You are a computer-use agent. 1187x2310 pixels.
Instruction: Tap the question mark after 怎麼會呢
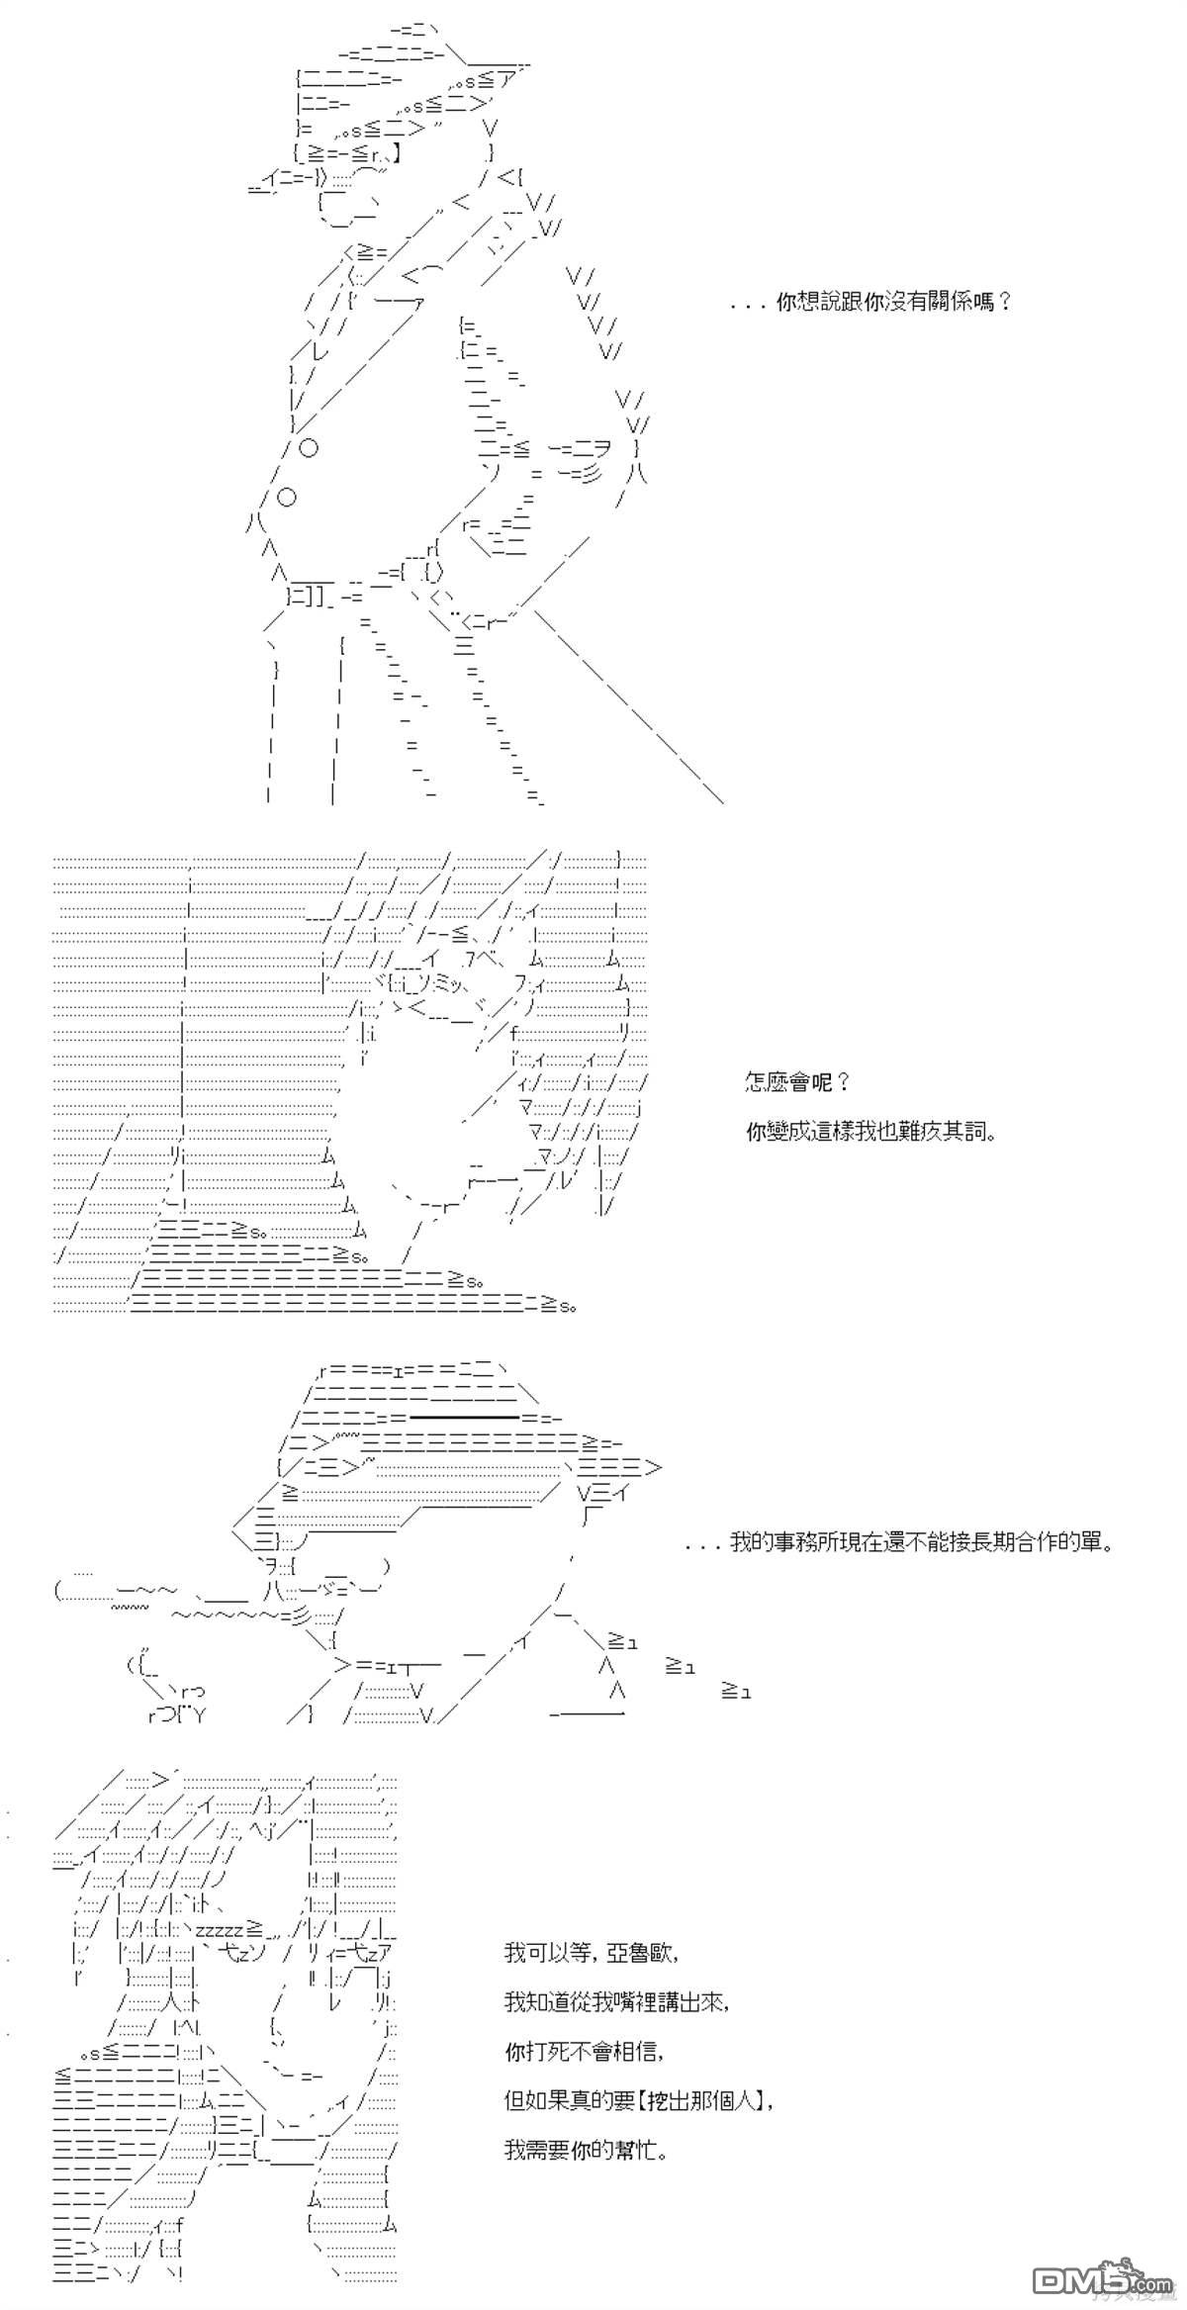843,1081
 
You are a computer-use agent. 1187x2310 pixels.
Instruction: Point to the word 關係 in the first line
950,302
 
